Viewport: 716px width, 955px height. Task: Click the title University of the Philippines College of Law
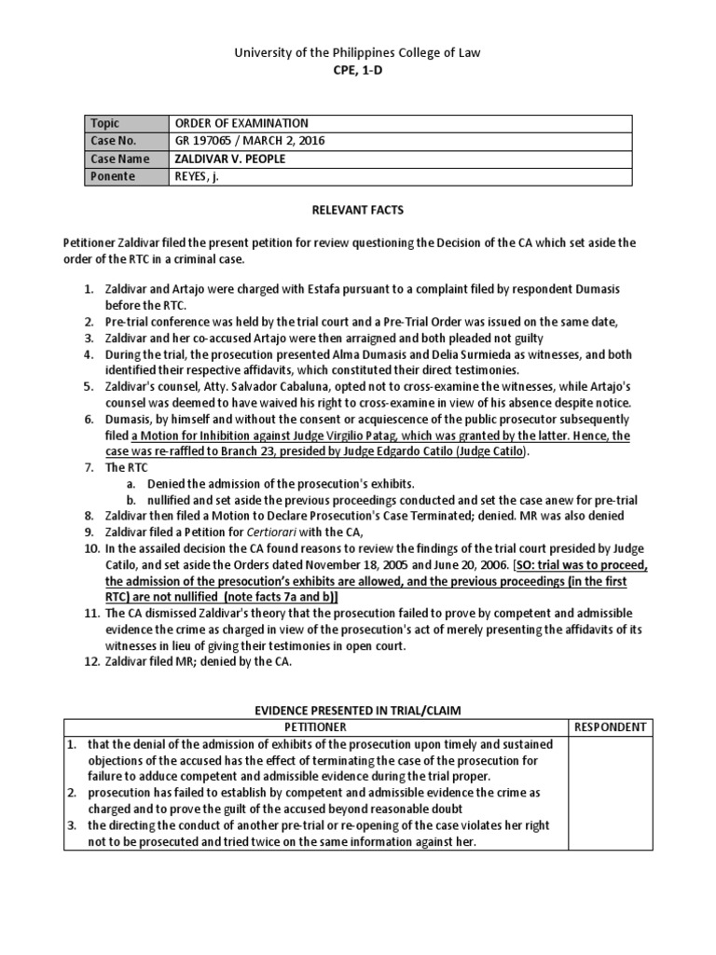pos(358,53)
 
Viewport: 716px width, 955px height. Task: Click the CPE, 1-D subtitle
pos(358,70)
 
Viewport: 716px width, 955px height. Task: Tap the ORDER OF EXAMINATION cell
pos(241,123)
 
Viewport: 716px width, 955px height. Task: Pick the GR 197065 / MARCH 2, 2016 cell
pos(250,141)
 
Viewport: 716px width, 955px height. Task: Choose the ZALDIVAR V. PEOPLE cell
pos(230,159)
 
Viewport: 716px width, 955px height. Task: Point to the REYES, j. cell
pos(197,175)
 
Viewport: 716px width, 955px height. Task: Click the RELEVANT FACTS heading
pos(358,212)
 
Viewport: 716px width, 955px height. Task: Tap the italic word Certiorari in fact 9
pos(271,532)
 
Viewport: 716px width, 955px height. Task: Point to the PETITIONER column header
pos(315,727)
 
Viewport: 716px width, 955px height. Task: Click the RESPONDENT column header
pos(611,727)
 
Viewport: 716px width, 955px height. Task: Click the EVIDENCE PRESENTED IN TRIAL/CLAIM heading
pos(358,710)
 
